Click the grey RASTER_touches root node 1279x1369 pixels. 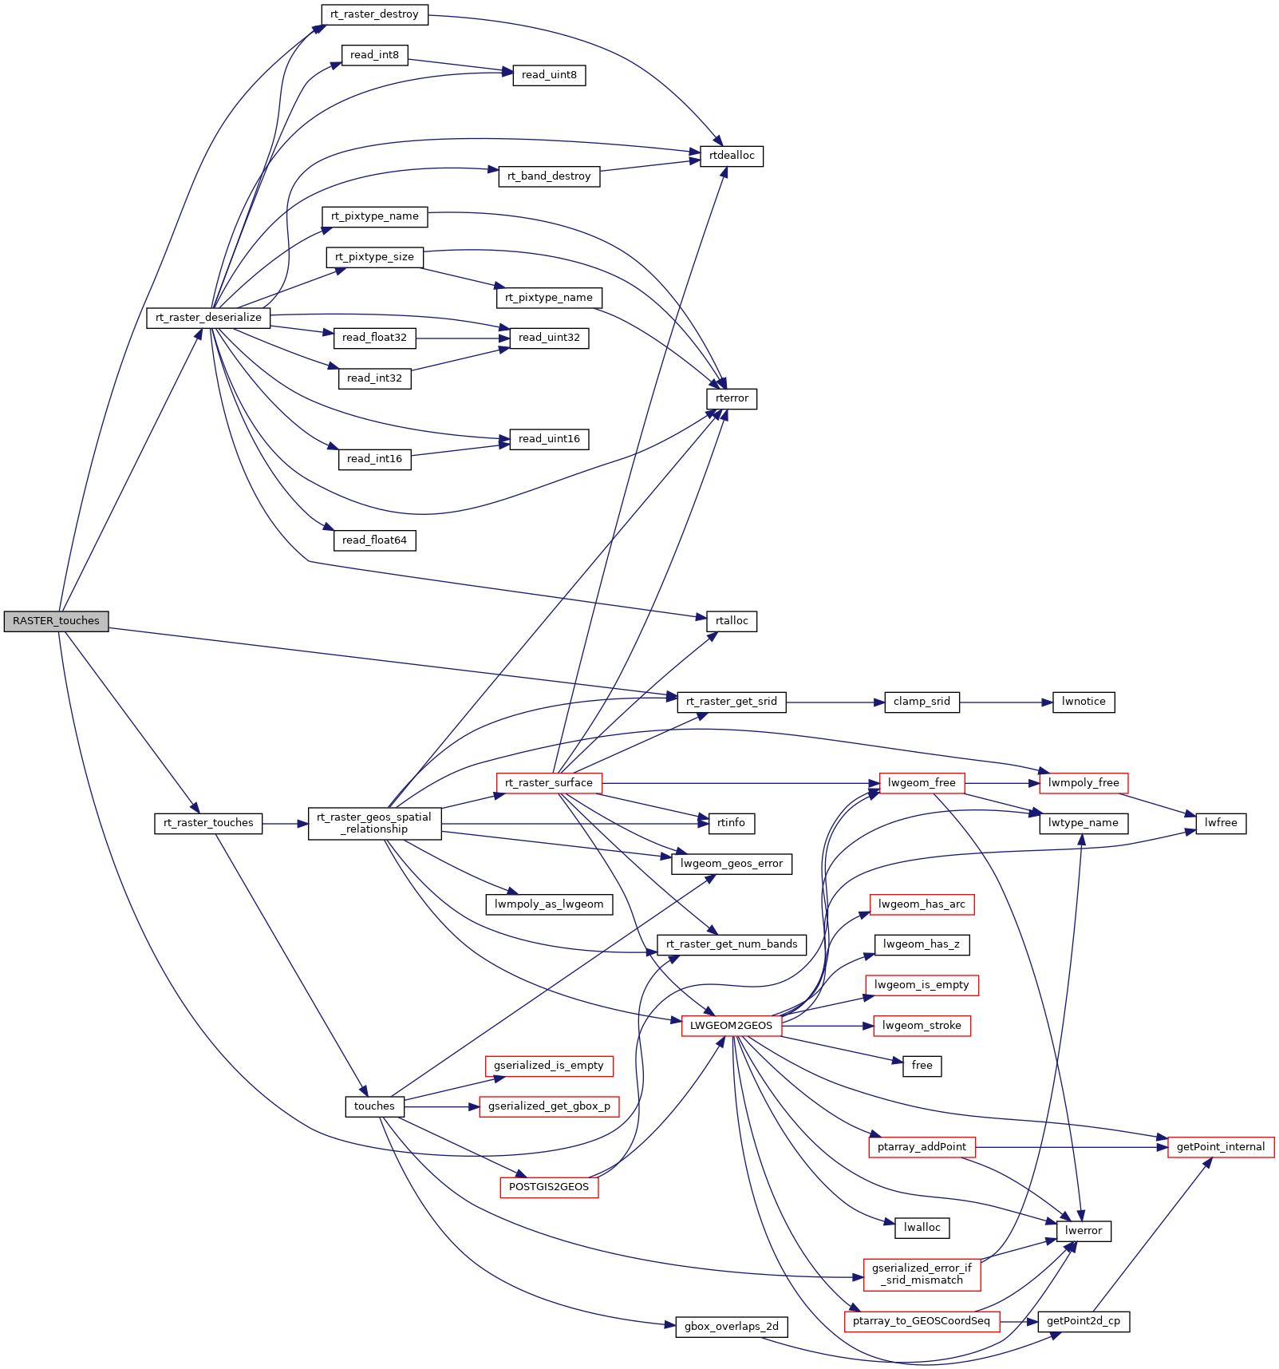tap(56, 621)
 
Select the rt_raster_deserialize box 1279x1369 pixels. tap(208, 318)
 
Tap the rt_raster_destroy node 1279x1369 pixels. tap(374, 14)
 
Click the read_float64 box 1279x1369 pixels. tap(374, 540)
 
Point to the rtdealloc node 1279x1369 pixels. tap(732, 156)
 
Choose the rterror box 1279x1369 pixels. tap(732, 398)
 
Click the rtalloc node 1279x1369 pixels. tap(732, 621)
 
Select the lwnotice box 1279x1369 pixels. tap(1084, 702)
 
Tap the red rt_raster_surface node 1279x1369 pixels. tap(549, 783)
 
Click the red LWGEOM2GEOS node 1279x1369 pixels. tap(732, 1026)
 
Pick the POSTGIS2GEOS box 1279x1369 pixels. tap(549, 1187)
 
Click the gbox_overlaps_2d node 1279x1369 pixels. tap(732, 1327)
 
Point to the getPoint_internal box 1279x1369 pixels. tap(1221, 1147)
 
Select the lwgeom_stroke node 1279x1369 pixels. tap(922, 1026)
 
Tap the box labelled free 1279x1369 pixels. tap(922, 1066)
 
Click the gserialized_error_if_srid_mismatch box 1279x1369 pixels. tap(922, 1274)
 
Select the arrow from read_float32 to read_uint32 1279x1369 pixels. tap(463, 338)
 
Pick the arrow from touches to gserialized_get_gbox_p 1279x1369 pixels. tap(442, 1107)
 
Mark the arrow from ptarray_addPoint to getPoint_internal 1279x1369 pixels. tap(1072, 1147)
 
